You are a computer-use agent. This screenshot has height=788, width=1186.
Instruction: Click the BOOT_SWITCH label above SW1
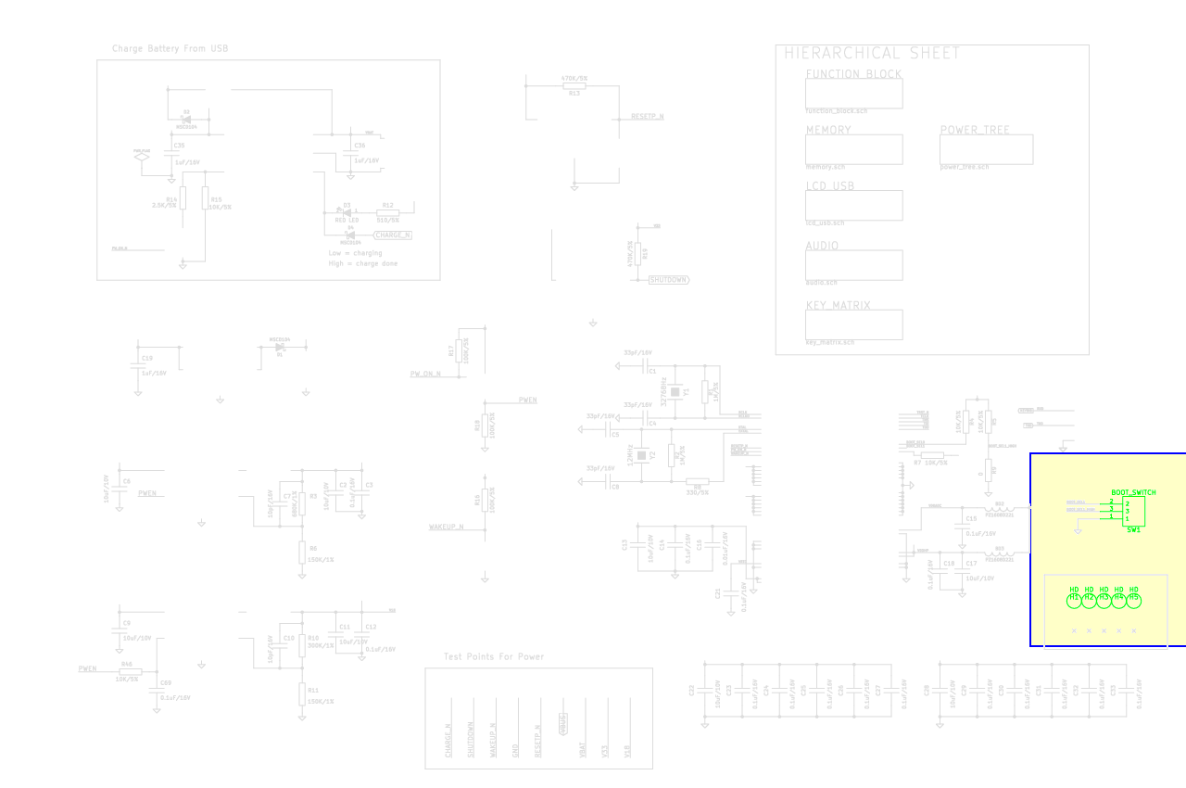pyautogui.click(x=1133, y=492)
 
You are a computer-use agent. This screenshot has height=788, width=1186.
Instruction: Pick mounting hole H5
pyautogui.click(x=1133, y=600)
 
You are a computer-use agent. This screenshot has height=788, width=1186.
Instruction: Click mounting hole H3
pyautogui.click(x=1104, y=600)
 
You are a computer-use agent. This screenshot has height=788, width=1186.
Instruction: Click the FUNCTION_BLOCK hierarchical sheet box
pyautogui.click(x=853, y=94)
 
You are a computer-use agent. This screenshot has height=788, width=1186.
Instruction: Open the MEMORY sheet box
pyautogui.click(x=853, y=149)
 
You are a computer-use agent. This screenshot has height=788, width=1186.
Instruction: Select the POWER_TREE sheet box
pyautogui.click(x=986, y=149)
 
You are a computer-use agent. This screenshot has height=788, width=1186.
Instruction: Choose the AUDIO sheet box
pyautogui.click(x=853, y=265)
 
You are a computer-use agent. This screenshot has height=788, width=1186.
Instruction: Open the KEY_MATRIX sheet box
pyautogui.click(x=853, y=324)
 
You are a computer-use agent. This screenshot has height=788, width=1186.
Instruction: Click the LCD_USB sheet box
pyautogui.click(x=853, y=205)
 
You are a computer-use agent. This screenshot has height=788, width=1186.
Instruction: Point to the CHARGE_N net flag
pyautogui.click(x=392, y=235)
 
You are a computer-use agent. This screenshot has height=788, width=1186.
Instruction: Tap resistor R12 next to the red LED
pyautogui.click(x=388, y=211)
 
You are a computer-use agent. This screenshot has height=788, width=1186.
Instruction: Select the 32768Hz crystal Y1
pyautogui.click(x=675, y=392)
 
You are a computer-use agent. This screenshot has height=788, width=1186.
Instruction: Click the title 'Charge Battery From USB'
pyautogui.click(x=170, y=49)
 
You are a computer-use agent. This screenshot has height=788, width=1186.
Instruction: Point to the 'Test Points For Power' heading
pyautogui.click(x=494, y=657)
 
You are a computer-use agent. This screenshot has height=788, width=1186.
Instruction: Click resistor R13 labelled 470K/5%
pyautogui.click(x=574, y=86)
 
